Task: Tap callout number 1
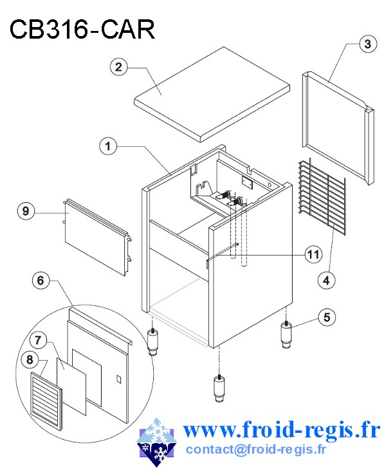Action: click(108, 146)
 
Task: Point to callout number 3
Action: click(367, 44)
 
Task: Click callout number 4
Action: click(326, 280)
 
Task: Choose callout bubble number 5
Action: click(326, 316)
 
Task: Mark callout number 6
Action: click(40, 280)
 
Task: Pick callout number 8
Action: click(30, 361)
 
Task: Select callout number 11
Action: click(313, 255)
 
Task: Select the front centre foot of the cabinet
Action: click(219, 388)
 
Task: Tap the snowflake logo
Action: click(156, 442)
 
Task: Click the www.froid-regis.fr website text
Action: click(281, 429)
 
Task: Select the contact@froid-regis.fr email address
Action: click(255, 450)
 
